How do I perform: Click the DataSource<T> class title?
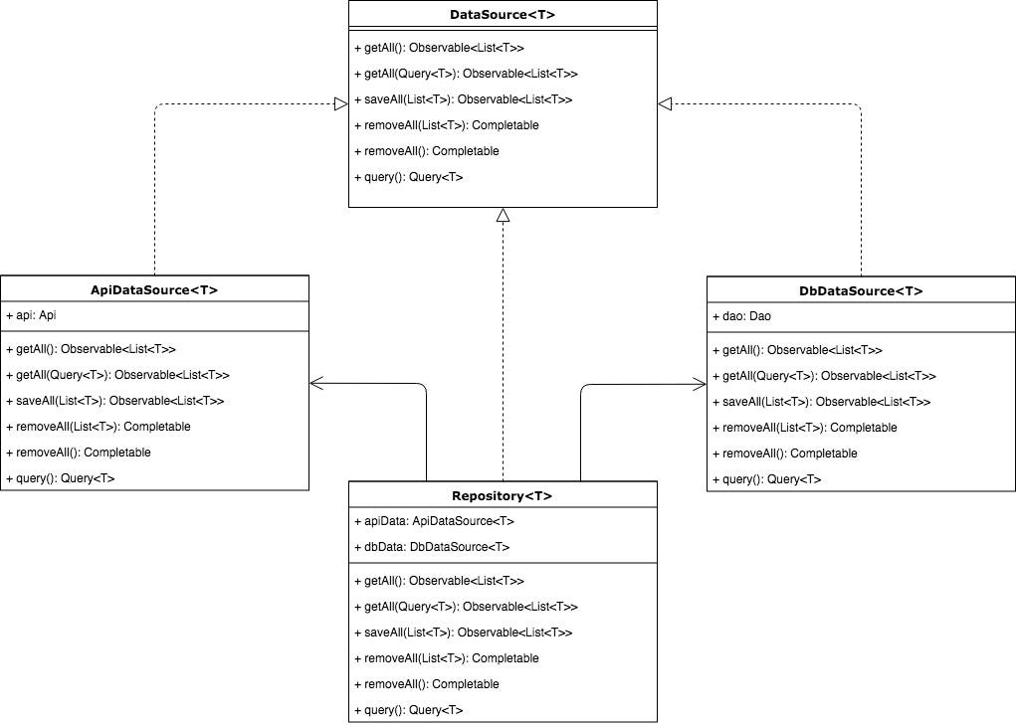[x=503, y=15]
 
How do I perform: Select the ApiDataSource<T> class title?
[x=154, y=289]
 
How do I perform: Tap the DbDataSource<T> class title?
[x=861, y=290]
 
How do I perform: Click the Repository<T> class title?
[x=503, y=495]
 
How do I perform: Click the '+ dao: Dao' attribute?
[x=741, y=316]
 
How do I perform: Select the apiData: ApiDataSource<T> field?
[x=434, y=521]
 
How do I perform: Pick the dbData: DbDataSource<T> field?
[x=432, y=547]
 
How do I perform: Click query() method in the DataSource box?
[x=408, y=177]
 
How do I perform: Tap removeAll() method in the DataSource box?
[x=426, y=151]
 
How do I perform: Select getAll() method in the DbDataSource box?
[x=797, y=350]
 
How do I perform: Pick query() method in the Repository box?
[x=408, y=710]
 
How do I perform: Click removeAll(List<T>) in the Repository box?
[x=446, y=658]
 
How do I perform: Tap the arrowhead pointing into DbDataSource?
[x=699, y=382]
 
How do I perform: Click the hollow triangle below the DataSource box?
[x=503, y=215]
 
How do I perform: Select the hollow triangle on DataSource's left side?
[x=341, y=101]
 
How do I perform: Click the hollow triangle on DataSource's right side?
[x=665, y=101]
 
